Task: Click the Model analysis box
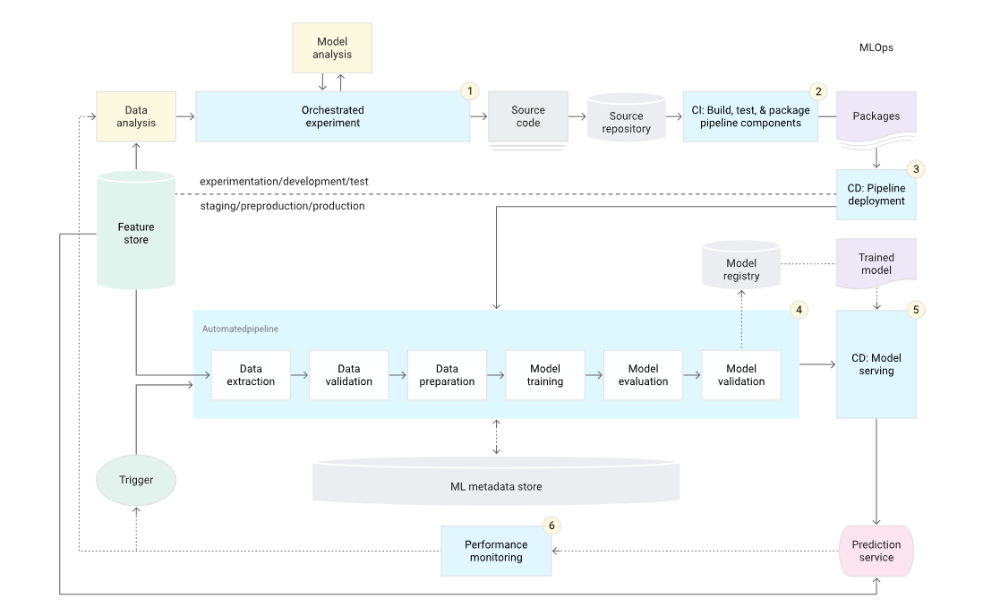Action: click(332, 48)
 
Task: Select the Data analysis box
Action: click(136, 116)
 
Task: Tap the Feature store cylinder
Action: click(135, 233)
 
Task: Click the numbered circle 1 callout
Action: click(469, 91)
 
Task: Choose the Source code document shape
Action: click(528, 116)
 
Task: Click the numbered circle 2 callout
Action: click(816, 91)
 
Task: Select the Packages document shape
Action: click(876, 116)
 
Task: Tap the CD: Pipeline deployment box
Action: click(876, 195)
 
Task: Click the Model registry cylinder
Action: click(741, 266)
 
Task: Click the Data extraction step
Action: click(251, 375)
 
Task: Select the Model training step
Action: click(544, 375)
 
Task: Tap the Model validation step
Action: click(741, 375)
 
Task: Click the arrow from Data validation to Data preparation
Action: click(397, 375)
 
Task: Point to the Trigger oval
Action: click(136, 480)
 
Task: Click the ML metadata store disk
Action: click(496, 484)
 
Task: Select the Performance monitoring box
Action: click(496, 551)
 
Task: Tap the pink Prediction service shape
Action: click(876, 551)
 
